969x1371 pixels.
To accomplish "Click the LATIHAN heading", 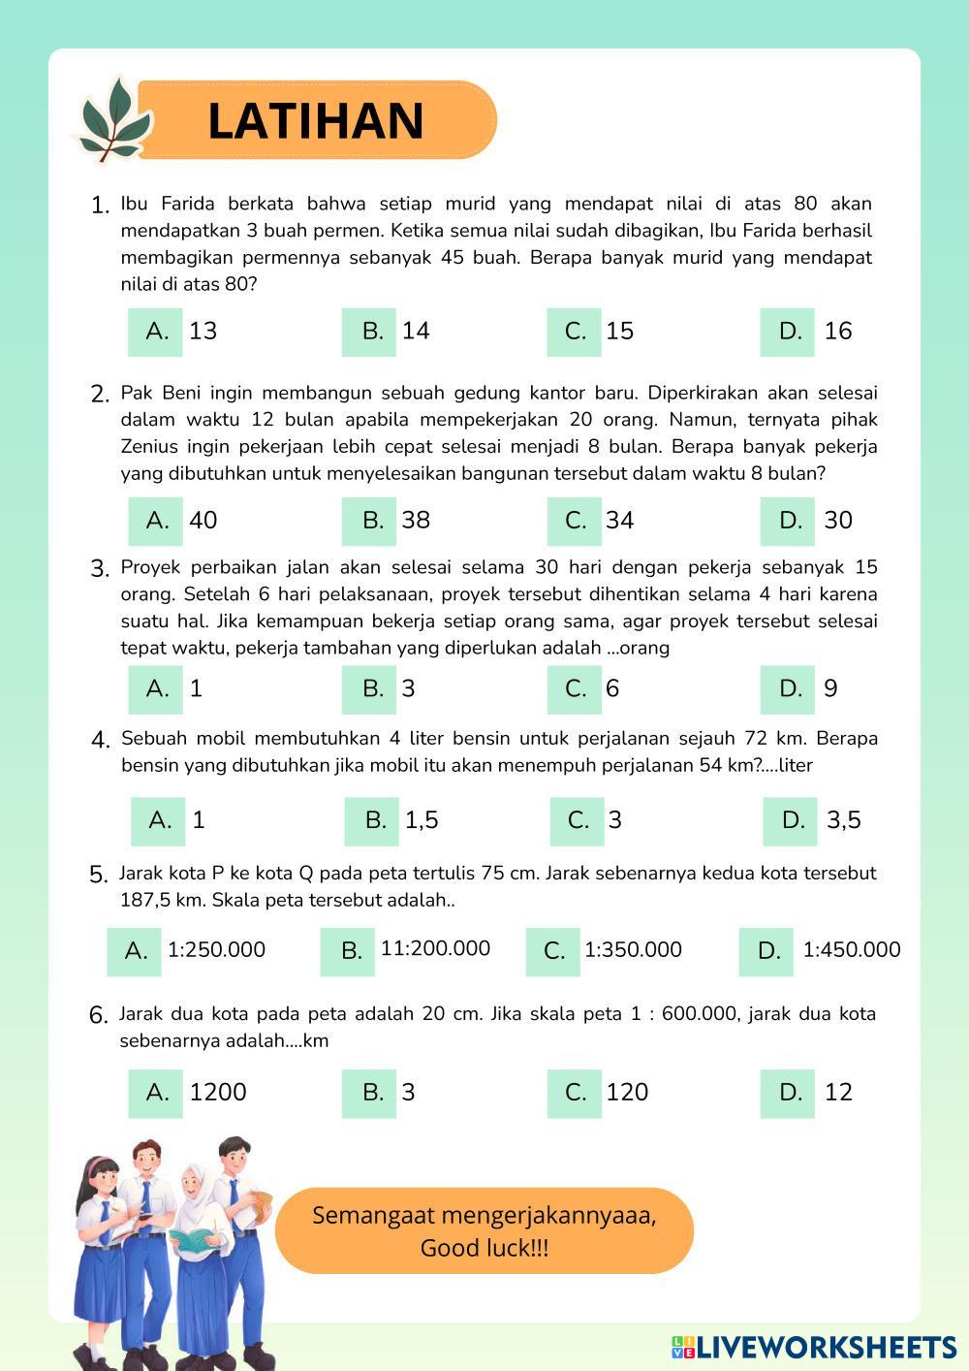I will (x=316, y=121).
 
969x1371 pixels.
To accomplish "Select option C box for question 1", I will (x=575, y=332).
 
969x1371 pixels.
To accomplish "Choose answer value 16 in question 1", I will (x=838, y=332).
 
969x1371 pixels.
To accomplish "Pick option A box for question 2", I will (x=156, y=521).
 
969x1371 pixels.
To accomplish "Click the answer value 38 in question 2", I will (x=416, y=521).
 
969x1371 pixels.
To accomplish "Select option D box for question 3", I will (x=789, y=689).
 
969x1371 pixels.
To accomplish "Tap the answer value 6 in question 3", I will (x=612, y=689).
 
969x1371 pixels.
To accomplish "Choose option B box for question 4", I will (x=374, y=821).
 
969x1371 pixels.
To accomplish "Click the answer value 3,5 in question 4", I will (x=844, y=821).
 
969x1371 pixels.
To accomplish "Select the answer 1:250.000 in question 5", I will (x=216, y=950).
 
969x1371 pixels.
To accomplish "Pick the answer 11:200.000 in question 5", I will (x=435, y=949).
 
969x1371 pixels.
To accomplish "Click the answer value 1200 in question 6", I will (x=218, y=1093).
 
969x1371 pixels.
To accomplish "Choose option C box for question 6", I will (x=575, y=1093).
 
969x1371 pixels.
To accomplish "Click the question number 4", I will (x=101, y=741).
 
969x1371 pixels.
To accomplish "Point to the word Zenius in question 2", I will (x=149, y=447).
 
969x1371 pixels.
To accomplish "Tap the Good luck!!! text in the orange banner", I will (x=484, y=1248).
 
